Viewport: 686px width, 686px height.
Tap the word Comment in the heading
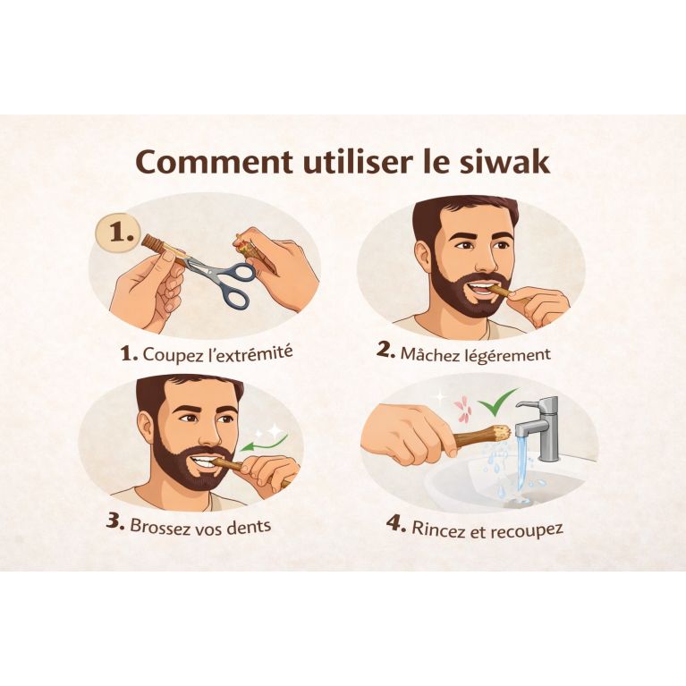[x=212, y=162]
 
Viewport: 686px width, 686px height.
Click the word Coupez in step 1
[x=174, y=352]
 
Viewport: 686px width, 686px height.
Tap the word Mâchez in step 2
[x=432, y=351]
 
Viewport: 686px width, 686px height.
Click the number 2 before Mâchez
[x=385, y=350]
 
